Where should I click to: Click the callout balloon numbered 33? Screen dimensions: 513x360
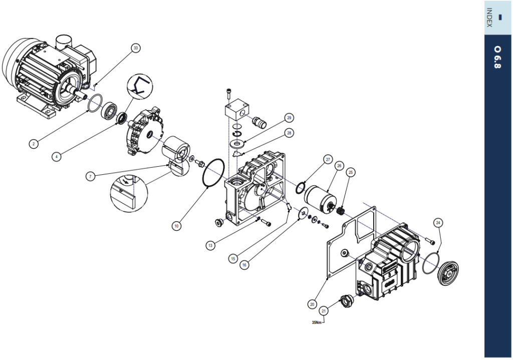click(135, 48)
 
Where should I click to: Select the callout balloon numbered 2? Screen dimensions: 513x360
click(34, 144)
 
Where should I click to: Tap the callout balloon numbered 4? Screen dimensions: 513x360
click(56, 157)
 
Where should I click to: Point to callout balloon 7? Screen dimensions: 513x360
click(90, 177)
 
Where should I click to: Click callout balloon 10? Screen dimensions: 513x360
click(176, 226)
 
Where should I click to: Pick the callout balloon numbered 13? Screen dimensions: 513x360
click(210, 245)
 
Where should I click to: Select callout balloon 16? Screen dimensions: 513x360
click(244, 265)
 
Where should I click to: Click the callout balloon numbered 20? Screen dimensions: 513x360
click(312, 304)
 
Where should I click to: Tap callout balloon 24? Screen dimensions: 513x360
click(438, 223)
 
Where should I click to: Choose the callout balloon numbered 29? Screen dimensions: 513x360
click(289, 118)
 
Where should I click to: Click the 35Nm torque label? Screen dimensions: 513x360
click(317, 322)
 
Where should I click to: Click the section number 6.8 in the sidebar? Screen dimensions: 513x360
click(497, 57)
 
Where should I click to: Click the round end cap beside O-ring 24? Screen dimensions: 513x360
click(448, 273)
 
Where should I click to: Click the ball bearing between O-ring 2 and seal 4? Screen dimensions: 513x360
click(109, 111)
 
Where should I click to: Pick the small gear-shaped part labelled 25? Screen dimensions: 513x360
click(342, 210)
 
